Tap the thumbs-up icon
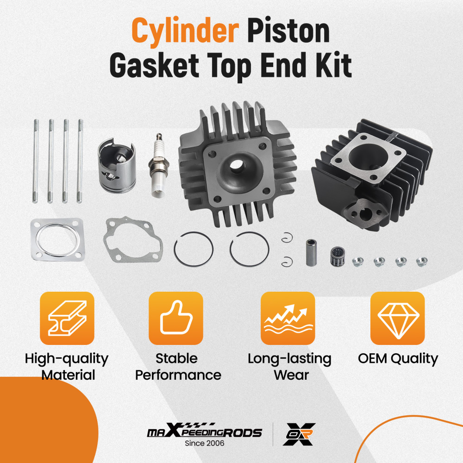[x=175, y=318]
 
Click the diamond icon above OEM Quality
[x=398, y=318]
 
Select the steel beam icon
[x=67, y=318]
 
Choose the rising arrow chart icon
[x=288, y=318]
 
